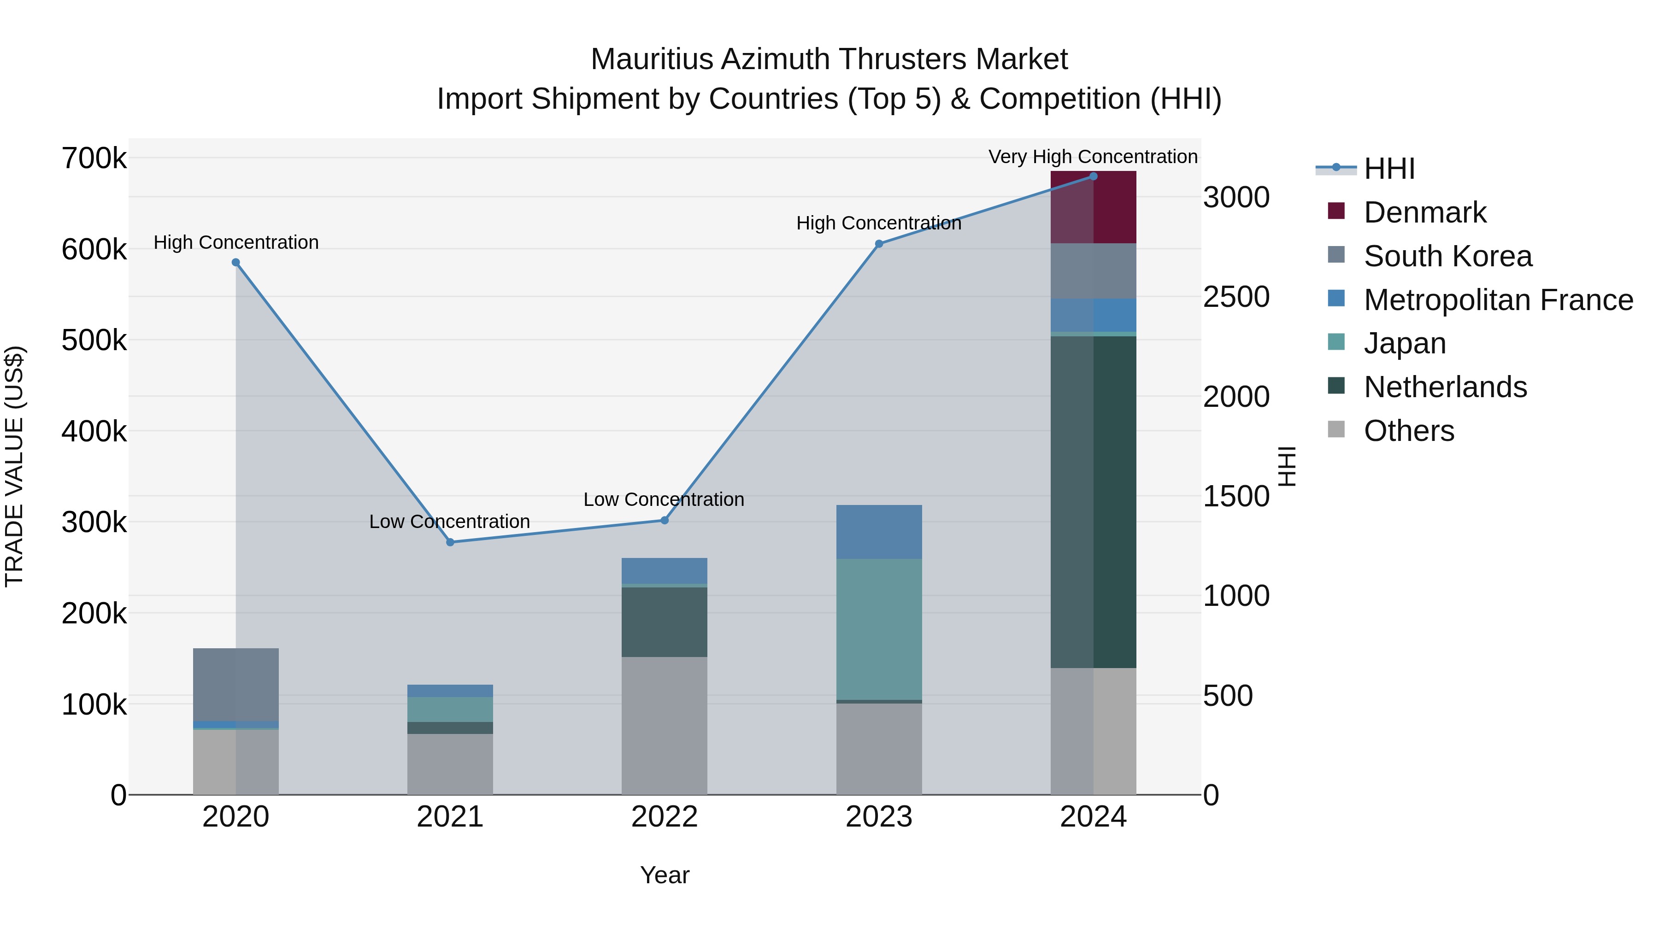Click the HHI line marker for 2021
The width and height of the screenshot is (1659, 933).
coord(450,542)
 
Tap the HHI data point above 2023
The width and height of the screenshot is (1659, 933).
coord(879,244)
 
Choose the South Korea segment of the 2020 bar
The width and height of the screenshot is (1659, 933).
coord(235,685)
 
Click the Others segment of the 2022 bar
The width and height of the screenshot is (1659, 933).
coord(664,726)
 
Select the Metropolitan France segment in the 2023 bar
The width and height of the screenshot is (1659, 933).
coord(879,532)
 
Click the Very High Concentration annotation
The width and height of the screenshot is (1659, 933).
coord(1093,157)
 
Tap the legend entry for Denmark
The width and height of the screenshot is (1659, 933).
coord(1424,212)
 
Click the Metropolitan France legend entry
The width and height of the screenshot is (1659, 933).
coord(1498,300)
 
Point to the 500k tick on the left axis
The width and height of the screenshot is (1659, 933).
coord(94,340)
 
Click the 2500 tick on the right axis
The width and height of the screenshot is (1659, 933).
coord(1236,297)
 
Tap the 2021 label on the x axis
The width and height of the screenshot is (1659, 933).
coord(450,817)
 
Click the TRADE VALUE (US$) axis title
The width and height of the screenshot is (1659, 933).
coord(14,466)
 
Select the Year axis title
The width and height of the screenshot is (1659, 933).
coord(665,875)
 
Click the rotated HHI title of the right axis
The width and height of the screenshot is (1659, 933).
coord(1287,466)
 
